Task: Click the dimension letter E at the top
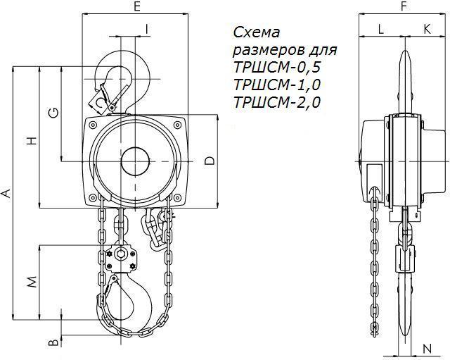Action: [x=137, y=6]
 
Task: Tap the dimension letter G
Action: [x=54, y=113]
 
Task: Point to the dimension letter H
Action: [x=32, y=141]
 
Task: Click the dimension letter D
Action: [x=210, y=161]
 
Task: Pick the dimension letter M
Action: [x=32, y=282]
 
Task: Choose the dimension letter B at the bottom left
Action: [x=54, y=342]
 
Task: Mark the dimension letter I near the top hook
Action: [x=147, y=29]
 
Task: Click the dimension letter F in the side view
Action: [x=404, y=6]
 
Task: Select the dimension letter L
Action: [x=381, y=29]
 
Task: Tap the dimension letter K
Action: [x=427, y=29]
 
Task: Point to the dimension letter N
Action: [x=427, y=349]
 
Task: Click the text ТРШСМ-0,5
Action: [x=276, y=68]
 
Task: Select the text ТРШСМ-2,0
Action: [x=276, y=102]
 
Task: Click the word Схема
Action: [x=256, y=32]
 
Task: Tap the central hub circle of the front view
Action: [x=136, y=161]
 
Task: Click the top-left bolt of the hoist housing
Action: [x=93, y=125]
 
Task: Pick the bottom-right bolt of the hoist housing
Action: [x=178, y=197]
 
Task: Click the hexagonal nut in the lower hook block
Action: [x=120, y=254]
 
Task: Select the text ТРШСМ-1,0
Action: [x=276, y=85]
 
